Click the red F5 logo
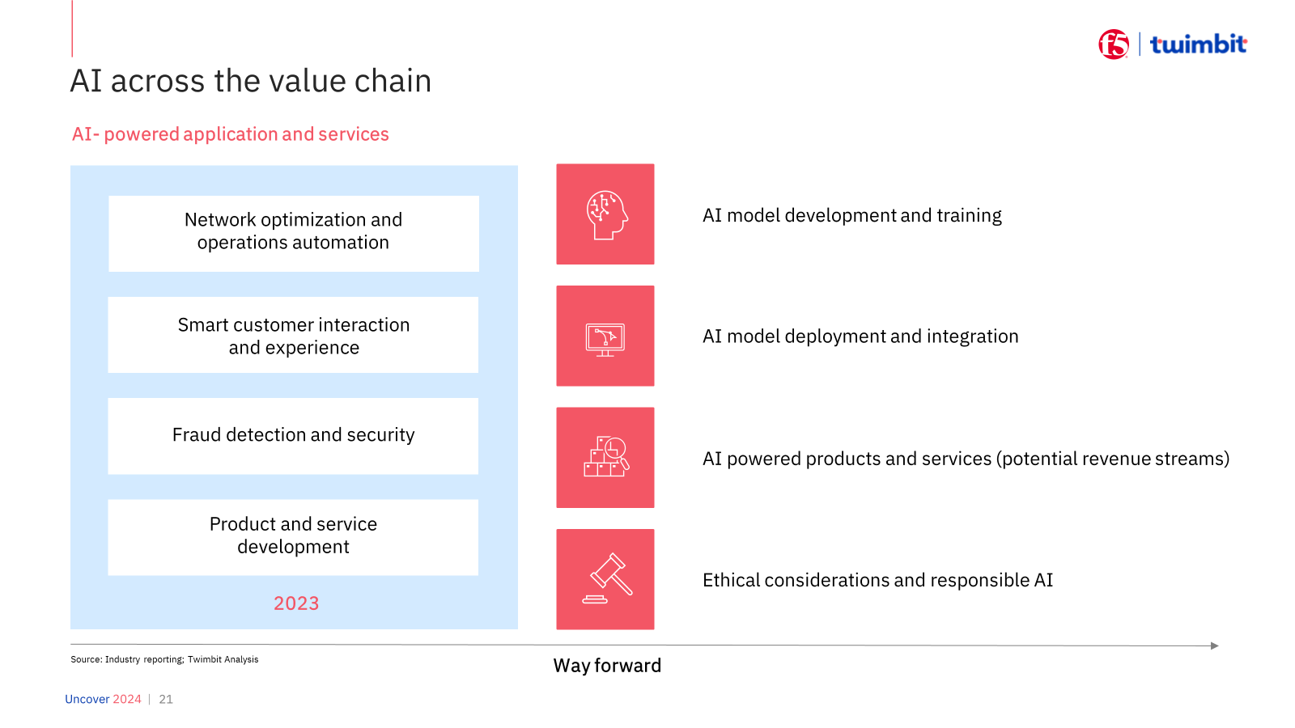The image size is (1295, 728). pyautogui.click(x=1114, y=44)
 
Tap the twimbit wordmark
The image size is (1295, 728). pyautogui.click(x=1199, y=44)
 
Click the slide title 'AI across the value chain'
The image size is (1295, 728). pyautogui.click(x=251, y=80)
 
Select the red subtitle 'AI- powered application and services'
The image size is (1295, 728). pyautogui.click(x=230, y=134)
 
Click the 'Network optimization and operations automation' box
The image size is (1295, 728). pyautogui.click(x=294, y=234)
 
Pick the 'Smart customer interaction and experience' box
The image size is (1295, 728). pyautogui.click(x=293, y=335)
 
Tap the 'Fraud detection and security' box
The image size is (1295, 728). pyautogui.click(x=293, y=436)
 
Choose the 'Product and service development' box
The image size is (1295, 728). pyautogui.click(x=293, y=537)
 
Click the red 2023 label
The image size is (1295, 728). pyautogui.click(x=296, y=603)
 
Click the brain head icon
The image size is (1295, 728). pyautogui.click(x=606, y=215)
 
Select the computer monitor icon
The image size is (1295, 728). pyautogui.click(x=605, y=340)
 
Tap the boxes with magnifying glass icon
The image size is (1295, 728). pyautogui.click(x=606, y=456)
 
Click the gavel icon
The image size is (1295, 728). pyautogui.click(x=608, y=578)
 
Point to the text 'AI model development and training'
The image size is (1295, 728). pyautogui.click(x=851, y=215)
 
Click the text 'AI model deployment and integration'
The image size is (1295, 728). pyautogui.click(x=860, y=336)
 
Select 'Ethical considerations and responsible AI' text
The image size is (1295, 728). pyautogui.click(x=877, y=580)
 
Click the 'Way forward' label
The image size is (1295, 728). pyautogui.click(x=607, y=666)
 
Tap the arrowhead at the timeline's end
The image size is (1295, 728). pyautogui.click(x=1215, y=645)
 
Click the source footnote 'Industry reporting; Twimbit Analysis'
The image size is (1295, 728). pyautogui.click(x=181, y=659)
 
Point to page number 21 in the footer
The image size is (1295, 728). pyautogui.click(x=166, y=699)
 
